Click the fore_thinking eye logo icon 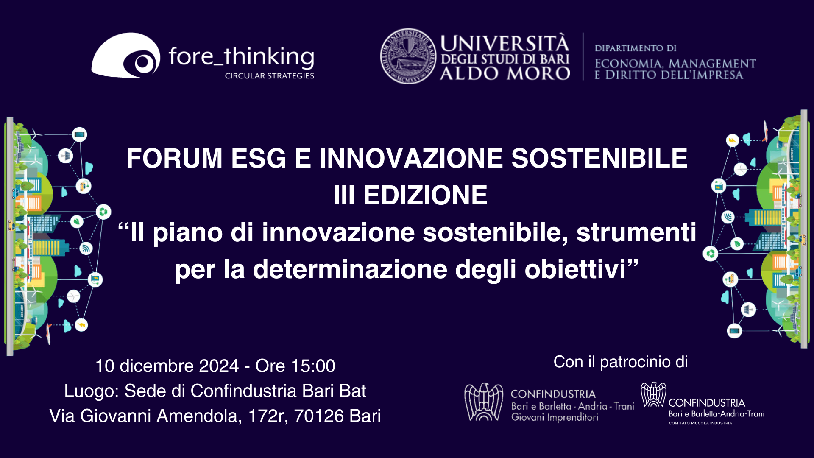click(126, 56)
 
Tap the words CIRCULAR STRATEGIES click(269, 76)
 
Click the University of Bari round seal click(408, 56)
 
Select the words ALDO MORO click(505, 74)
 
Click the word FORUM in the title click(174, 158)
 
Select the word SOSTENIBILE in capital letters click(599, 158)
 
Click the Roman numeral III click(344, 195)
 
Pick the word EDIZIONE click(425, 195)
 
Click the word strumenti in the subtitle click(636, 232)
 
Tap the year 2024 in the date click(219, 366)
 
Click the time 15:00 click(316, 366)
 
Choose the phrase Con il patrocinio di click(620, 362)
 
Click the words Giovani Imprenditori click(555, 417)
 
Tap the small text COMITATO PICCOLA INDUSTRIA click(700, 423)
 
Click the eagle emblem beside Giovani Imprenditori click(484, 402)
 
